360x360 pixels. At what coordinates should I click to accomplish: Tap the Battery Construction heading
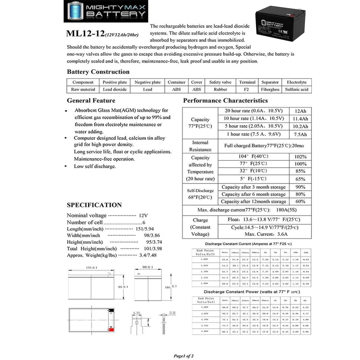[98, 72]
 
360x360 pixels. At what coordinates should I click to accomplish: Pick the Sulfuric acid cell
[297, 90]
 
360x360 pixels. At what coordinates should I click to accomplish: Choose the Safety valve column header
[220, 82]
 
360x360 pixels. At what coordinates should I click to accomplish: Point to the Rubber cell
[220, 90]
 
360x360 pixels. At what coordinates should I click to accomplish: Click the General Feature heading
[91, 100]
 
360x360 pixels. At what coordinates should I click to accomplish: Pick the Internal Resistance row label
[199, 146]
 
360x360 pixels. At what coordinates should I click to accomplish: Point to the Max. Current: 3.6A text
[263, 234]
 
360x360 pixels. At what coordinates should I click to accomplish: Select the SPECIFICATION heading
[94, 205]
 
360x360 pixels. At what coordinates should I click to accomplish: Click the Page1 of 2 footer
[183, 355]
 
